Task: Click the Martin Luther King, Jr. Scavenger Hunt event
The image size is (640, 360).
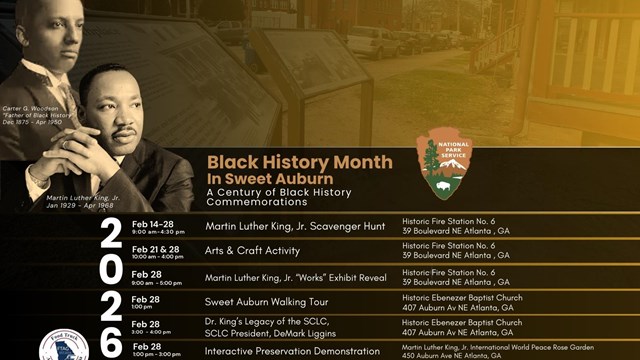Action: tap(295, 227)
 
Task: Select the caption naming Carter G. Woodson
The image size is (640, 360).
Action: tap(36, 135)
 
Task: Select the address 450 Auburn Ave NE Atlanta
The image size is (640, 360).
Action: tap(457, 356)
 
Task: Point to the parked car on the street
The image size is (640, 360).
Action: tap(372, 43)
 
